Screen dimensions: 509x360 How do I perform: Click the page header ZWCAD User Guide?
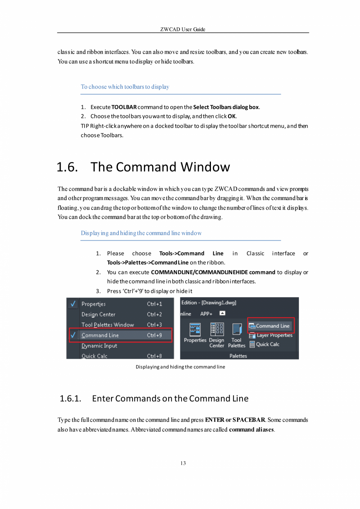pyautogui.click(x=183, y=29)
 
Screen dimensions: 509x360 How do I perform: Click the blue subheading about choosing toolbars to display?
pyautogui.click(x=125, y=87)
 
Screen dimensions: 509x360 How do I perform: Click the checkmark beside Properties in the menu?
pyautogui.click(x=73, y=304)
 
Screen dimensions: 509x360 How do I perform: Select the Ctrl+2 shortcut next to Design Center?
pyautogui.click(x=155, y=314)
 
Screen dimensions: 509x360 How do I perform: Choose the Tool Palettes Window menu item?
pyautogui.click(x=108, y=325)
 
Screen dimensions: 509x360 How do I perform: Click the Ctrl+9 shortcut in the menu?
pyautogui.click(x=155, y=335)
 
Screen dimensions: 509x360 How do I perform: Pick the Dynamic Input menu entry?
pyautogui.click(x=99, y=346)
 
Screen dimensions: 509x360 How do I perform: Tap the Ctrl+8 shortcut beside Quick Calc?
pyautogui.click(x=155, y=356)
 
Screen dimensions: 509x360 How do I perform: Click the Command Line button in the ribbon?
pyautogui.click(x=270, y=326)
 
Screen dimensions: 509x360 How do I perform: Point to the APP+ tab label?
pyautogui.click(x=206, y=314)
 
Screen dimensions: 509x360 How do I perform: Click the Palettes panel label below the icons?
pyautogui.click(x=238, y=356)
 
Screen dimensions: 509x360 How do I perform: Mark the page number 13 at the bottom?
pyautogui.click(x=183, y=463)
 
